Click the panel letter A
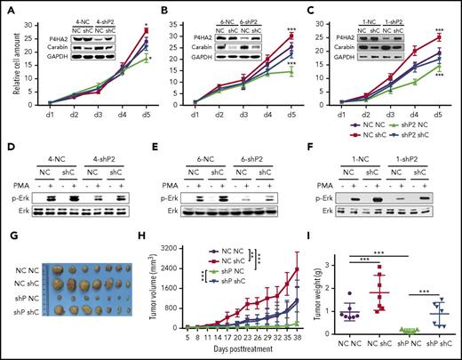[x=6, y=7]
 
